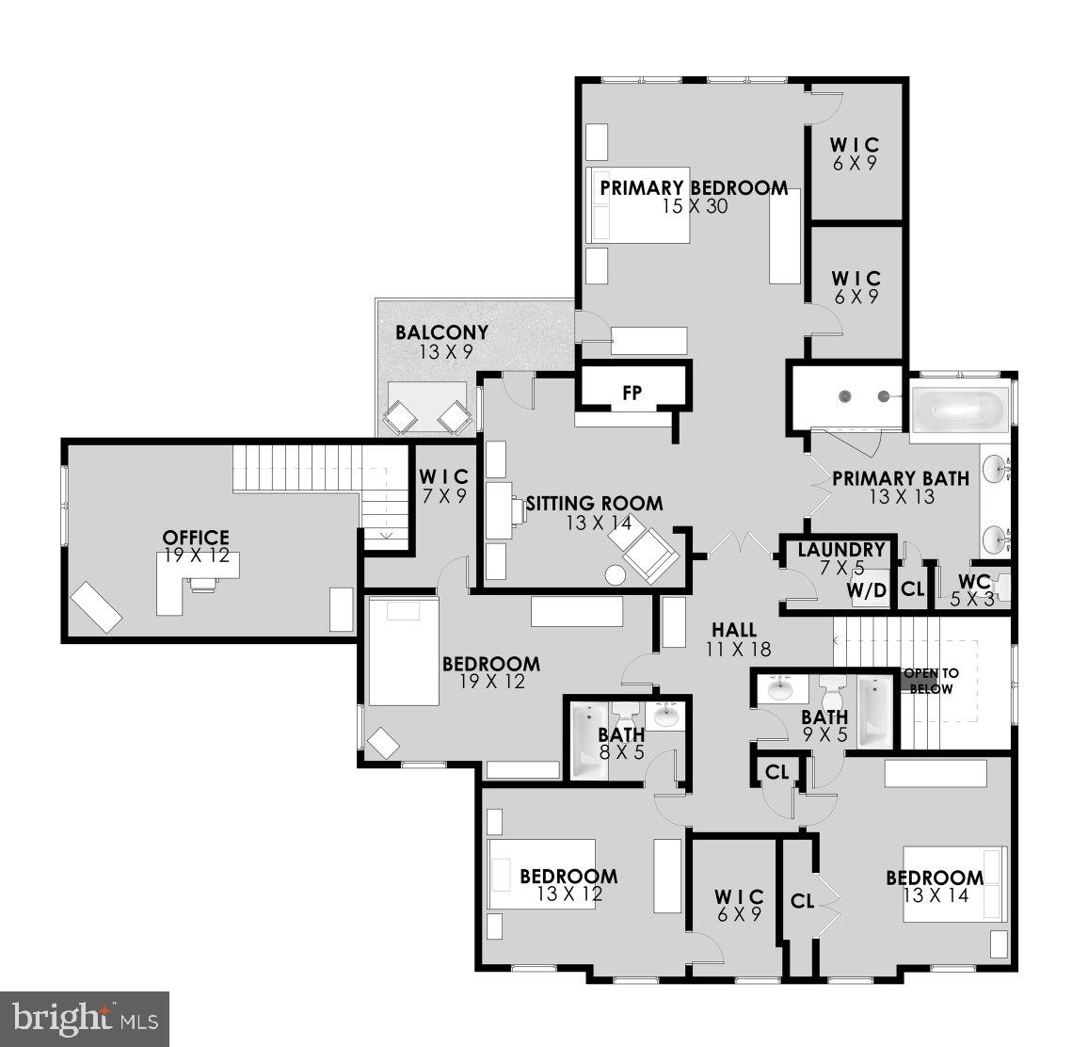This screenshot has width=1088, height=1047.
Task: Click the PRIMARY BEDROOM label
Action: point(694,187)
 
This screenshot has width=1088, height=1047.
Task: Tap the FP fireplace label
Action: point(632,393)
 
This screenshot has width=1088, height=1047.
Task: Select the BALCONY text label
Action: point(441,332)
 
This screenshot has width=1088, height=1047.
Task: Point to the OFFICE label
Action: point(195,538)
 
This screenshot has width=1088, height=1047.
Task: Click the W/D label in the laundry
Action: point(867,590)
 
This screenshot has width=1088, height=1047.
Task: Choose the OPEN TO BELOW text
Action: point(931,681)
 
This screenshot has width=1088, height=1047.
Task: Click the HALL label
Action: point(734,630)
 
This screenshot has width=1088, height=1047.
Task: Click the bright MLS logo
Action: point(85,1018)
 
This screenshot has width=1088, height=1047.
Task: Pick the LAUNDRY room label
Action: point(841,550)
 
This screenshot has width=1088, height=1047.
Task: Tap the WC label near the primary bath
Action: point(973,581)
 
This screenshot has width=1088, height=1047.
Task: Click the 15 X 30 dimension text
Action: point(695,206)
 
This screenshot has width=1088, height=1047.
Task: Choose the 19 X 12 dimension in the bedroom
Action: point(491,682)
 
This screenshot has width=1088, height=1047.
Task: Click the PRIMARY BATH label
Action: point(901,478)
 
